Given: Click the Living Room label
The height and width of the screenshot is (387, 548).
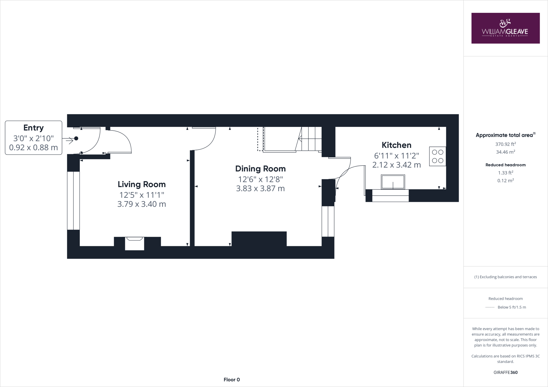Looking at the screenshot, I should [142, 184].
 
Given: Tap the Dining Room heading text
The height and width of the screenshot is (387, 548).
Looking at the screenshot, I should [260, 169].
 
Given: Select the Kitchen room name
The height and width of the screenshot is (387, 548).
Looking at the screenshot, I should [396, 145].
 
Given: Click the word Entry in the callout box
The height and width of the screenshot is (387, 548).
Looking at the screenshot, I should [33, 128].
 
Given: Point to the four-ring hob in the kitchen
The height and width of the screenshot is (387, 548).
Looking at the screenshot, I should [437, 156].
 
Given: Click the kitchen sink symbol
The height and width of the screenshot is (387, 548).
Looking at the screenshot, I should [393, 182].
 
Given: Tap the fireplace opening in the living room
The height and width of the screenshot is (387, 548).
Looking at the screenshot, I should [135, 244].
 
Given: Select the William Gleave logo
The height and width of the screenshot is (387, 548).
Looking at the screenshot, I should [505, 28].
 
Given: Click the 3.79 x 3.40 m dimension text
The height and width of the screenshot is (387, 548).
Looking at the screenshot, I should [142, 204].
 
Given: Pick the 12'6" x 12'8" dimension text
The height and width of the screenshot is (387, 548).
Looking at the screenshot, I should [260, 179].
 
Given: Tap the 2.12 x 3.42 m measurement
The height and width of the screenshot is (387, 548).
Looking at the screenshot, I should [396, 165].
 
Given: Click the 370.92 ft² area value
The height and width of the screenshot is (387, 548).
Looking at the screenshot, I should [505, 144].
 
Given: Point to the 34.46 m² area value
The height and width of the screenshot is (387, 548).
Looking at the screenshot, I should [505, 152].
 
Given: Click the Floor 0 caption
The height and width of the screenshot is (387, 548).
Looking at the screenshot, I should [232, 380].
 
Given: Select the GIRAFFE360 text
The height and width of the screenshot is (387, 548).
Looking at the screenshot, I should [505, 372].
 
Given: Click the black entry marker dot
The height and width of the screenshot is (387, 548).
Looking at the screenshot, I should [76, 138].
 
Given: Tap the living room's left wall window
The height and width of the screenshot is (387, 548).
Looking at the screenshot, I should [73, 200].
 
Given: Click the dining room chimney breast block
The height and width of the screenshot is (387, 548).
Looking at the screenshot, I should [259, 239].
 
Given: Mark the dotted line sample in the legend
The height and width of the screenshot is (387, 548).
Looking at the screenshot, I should [490, 307].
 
